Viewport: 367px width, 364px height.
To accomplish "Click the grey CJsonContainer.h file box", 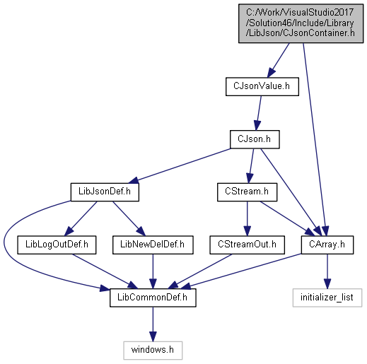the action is coord(301,23).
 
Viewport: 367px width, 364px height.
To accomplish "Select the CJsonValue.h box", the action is coord(262,86).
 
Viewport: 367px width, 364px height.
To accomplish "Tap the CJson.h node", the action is coord(255,139).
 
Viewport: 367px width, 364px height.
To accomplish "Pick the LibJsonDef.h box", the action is coord(105,192).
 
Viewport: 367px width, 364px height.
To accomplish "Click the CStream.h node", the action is coord(247,192).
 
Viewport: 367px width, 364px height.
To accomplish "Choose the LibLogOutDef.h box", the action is coord(57,245).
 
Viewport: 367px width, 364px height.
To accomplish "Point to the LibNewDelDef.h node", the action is coord(153,245).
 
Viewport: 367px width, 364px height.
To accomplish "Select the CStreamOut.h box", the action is coord(247,245).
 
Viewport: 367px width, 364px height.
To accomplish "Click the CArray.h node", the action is coord(327,245).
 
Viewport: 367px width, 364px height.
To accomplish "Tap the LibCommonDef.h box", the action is coord(153,298).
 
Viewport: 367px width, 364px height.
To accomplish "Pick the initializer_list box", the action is coord(327,298).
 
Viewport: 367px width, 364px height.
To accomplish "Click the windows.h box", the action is coord(153,351).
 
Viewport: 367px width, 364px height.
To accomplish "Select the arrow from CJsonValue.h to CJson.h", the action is coord(259,113).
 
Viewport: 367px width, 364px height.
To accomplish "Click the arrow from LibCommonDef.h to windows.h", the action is coord(153,324).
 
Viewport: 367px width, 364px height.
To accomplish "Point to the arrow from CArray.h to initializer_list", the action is coord(327,271).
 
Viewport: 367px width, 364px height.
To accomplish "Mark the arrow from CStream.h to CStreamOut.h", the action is coord(247,218).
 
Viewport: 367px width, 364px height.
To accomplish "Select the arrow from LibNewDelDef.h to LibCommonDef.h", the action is coord(153,271).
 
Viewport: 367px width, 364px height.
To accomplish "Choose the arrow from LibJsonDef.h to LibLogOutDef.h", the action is coord(81,218).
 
